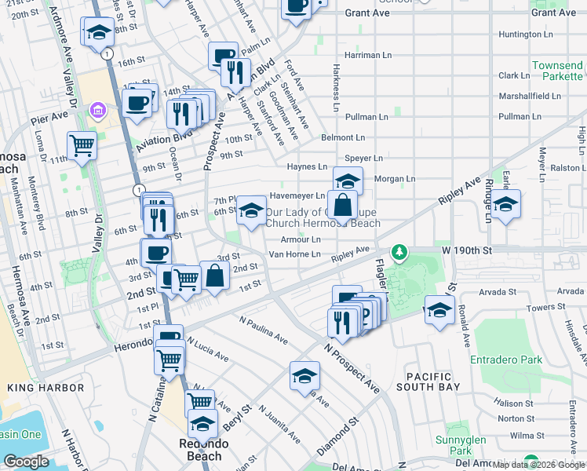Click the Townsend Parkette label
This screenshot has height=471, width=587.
[557, 71]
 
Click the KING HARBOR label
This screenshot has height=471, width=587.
[46, 388]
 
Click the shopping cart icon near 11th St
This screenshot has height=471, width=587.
[82, 145]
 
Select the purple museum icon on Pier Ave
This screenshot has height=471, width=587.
[98, 108]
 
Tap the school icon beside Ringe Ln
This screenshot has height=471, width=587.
[506, 204]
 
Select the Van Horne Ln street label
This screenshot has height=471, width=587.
[294, 254]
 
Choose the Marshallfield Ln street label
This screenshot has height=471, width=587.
[530, 96]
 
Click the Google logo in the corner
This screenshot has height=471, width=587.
[27, 462]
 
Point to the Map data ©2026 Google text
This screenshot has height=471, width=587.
[538, 465]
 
